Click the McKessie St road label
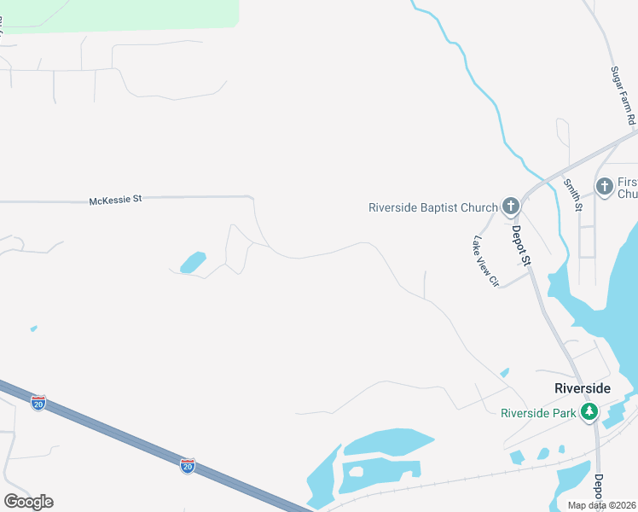tap(115, 200)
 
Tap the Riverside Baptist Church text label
tap(432, 207)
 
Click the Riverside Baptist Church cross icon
tap(510, 206)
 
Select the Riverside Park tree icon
tap(589, 413)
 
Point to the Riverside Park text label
tap(539, 413)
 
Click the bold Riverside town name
tap(583, 388)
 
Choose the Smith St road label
tap(571, 195)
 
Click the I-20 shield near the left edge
tap(38, 403)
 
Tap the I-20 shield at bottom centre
tap(188, 465)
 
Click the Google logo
tap(28, 502)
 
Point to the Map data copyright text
tap(602, 505)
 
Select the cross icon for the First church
tap(604, 186)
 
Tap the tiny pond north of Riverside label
tap(505, 372)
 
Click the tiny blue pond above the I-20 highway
tap(33, 328)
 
